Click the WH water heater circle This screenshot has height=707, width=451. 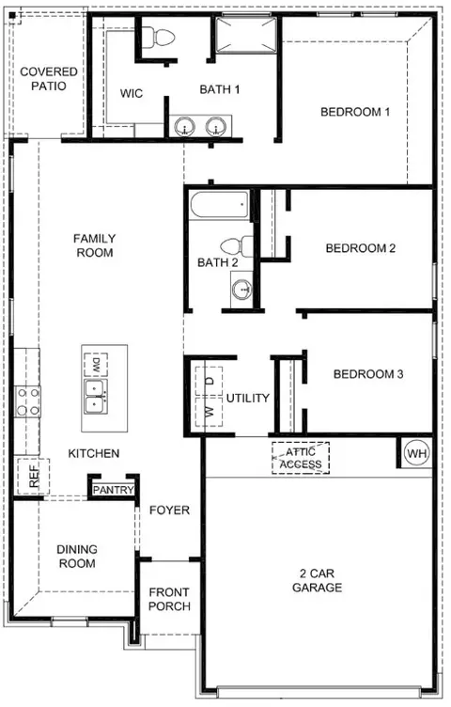pyautogui.click(x=417, y=453)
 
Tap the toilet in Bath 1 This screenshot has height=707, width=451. pyautogui.click(x=158, y=38)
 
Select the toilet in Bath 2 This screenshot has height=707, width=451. pyautogui.click(x=238, y=246)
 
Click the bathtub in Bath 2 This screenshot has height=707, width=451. pyautogui.click(x=220, y=205)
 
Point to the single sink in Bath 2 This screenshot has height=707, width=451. pyautogui.click(x=242, y=288)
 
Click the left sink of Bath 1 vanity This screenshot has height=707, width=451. pyautogui.click(x=185, y=126)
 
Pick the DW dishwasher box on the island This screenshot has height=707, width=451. pyautogui.click(x=96, y=365)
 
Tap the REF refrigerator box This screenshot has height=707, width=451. pyautogui.click(x=33, y=476)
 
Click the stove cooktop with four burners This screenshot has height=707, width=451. pyautogui.click(x=27, y=401)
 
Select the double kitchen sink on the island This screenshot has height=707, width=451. pyautogui.click(x=96, y=397)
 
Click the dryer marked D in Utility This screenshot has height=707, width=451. pyautogui.click(x=209, y=382)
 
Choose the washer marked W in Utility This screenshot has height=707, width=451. pyautogui.click(x=209, y=411)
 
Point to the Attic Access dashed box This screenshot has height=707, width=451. pyautogui.click(x=301, y=458)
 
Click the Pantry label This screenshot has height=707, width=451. pyautogui.click(x=114, y=490)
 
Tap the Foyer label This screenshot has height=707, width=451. pyautogui.click(x=169, y=510)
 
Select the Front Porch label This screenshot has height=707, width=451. pyautogui.click(x=169, y=599)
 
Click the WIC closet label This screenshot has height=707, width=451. pyautogui.click(x=132, y=93)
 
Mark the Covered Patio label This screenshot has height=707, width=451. pyautogui.click(x=49, y=78)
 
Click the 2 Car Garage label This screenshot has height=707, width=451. pyautogui.click(x=318, y=580)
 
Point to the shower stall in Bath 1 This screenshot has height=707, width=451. pyautogui.click(x=245, y=35)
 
